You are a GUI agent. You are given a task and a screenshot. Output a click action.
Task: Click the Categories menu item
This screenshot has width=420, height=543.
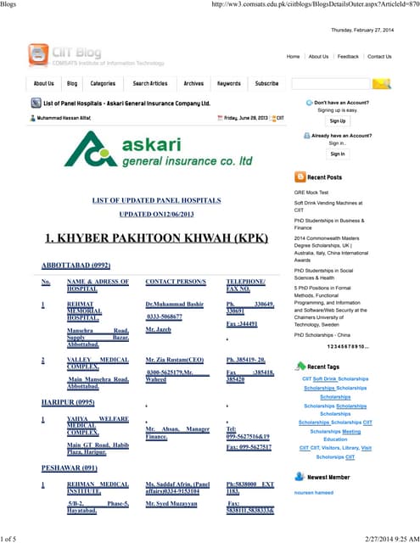[103, 84]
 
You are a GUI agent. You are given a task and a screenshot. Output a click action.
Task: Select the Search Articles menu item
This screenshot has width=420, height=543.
[150, 84]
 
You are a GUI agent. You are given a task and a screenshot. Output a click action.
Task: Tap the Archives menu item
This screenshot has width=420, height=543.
[193, 84]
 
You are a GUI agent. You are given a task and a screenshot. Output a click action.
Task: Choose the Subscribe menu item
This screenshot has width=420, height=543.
[266, 84]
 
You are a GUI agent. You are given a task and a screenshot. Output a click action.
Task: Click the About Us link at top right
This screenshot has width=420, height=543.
[318, 57]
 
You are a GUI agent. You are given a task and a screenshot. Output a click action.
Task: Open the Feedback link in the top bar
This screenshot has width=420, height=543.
[348, 57]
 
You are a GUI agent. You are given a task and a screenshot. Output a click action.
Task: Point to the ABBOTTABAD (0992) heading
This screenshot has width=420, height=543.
[75, 266]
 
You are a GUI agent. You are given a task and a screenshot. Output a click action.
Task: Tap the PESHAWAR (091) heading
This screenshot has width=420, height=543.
[70, 467]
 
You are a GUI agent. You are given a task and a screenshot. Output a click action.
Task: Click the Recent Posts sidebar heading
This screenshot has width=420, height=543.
[324, 177]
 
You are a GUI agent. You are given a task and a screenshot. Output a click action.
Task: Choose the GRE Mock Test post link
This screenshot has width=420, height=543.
[311, 193]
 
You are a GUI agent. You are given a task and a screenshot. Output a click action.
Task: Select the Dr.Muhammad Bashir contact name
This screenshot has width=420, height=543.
[174, 304]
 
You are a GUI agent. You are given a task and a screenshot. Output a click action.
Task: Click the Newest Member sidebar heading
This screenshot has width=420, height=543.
[328, 478]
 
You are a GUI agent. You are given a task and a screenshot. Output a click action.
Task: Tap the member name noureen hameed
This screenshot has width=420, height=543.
[314, 493]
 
